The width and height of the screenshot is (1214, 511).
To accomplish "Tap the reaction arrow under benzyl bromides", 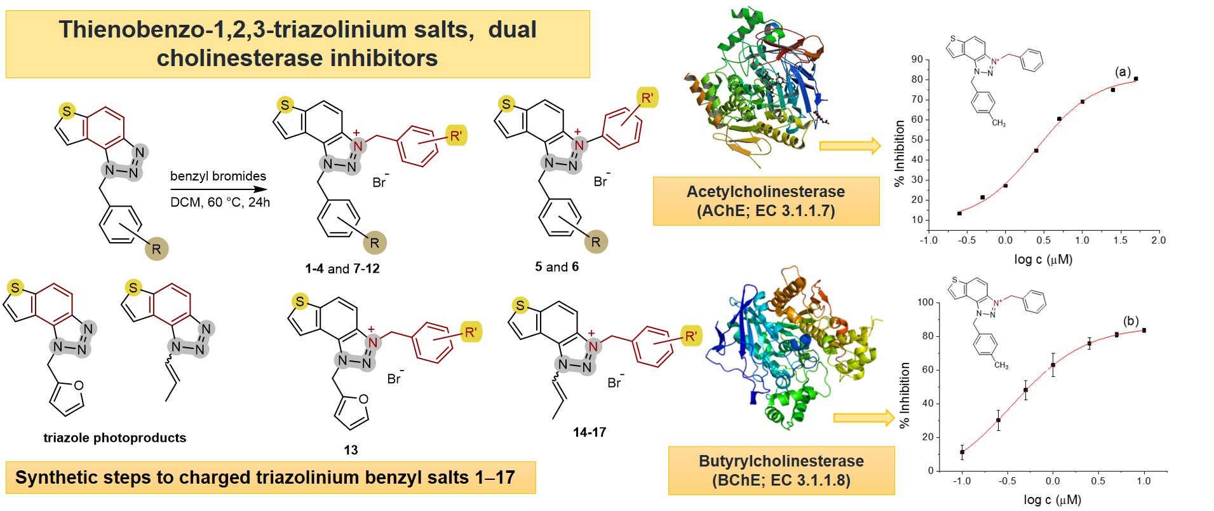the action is coord(219,189).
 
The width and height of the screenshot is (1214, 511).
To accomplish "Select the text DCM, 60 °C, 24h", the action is coord(220,202).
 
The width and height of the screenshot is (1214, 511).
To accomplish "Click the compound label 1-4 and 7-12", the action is coord(342,269).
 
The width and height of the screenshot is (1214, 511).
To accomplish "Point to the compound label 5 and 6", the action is coord(556,267).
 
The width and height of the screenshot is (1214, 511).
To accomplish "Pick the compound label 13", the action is coord(351,450).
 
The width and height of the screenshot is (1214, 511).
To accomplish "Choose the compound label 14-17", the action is coord(590,432).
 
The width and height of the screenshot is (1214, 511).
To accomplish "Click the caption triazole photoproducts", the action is coord(114,438).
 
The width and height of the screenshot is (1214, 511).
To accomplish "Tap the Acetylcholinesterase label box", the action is coord(765,201).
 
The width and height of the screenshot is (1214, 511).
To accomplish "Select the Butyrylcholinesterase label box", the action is coord(781,470).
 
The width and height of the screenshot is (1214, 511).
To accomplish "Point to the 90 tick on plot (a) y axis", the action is coord(917,60).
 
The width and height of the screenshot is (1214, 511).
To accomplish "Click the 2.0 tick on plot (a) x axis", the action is coord(1158,240).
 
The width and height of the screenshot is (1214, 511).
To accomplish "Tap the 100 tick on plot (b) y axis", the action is coord(925,303).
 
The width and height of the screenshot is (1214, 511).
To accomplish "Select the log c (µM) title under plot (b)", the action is coord(1052,500).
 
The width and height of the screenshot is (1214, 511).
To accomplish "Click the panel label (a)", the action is coord(1123,72).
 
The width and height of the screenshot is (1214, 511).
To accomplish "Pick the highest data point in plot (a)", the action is coord(1136,79).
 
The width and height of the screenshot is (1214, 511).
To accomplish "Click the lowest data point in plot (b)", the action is coord(962,453).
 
